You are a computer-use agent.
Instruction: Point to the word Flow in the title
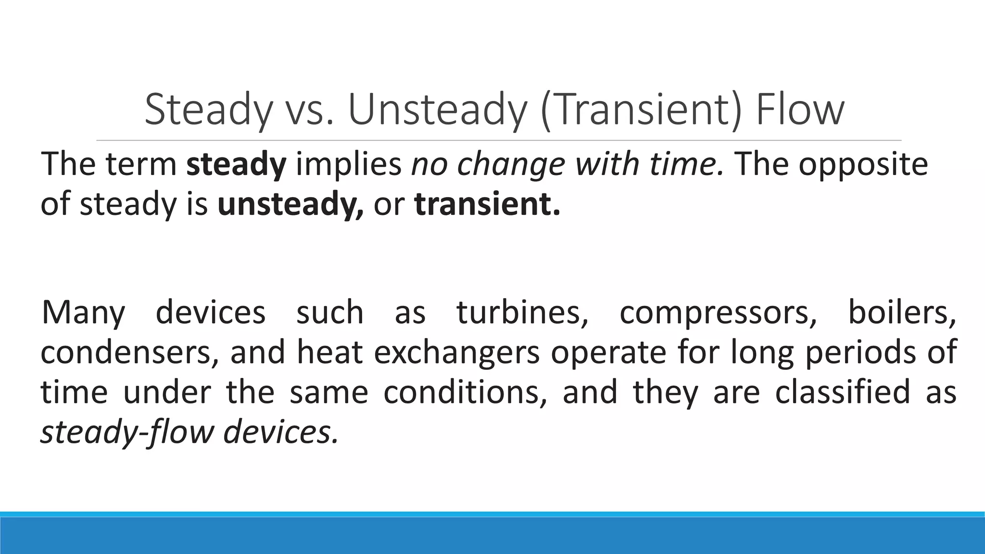(799, 110)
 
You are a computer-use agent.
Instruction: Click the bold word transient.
(487, 204)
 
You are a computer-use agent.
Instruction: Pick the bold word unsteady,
(290, 204)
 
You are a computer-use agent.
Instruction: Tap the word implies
(349, 164)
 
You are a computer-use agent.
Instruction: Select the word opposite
(863, 164)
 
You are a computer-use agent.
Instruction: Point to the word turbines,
(522, 312)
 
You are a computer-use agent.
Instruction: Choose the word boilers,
(902, 312)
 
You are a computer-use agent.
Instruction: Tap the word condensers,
(129, 353)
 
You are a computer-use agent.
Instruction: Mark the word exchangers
(457, 353)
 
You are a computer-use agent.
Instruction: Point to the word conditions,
(465, 392)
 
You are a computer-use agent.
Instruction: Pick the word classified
(843, 392)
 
